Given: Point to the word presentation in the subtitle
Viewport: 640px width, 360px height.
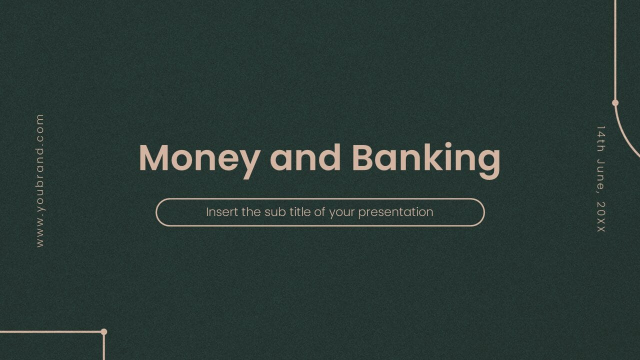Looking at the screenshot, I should pyautogui.click(x=395, y=212).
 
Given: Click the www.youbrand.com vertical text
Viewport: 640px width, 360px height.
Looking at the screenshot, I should pyautogui.click(x=40, y=180).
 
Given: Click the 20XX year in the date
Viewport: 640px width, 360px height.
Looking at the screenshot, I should pyautogui.click(x=601, y=217).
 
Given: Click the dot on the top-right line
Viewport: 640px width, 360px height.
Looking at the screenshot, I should pyautogui.click(x=615, y=103).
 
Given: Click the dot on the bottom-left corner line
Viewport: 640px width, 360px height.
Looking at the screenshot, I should pyautogui.click(x=104, y=331).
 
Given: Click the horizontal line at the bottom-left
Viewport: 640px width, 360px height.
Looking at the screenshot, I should pyautogui.click(x=50, y=331).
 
